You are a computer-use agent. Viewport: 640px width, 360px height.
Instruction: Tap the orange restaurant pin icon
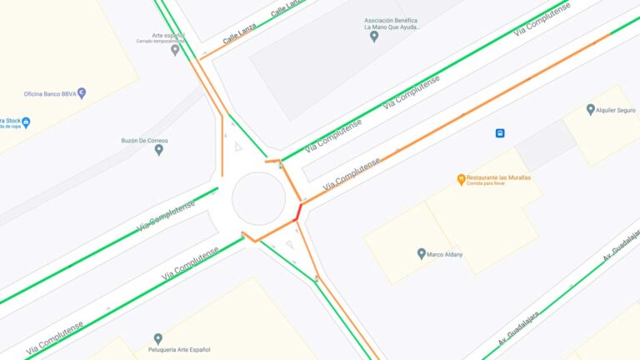[x=461, y=179]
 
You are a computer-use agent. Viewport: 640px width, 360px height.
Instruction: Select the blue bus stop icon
[x=500, y=132]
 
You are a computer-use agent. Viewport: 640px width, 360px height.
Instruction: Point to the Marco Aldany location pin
[x=421, y=253]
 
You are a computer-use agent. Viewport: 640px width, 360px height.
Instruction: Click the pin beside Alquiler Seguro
[x=591, y=109]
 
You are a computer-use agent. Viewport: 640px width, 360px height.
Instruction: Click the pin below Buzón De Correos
[x=158, y=150]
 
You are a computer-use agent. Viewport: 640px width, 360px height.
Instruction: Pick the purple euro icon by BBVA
[x=82, y=93]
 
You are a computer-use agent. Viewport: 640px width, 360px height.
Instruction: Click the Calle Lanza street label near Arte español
[x=240, y=34]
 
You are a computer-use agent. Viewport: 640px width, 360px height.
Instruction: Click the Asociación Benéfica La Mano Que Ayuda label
[x=392, y=23]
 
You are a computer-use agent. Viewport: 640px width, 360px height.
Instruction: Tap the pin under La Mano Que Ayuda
[x=374, y=37]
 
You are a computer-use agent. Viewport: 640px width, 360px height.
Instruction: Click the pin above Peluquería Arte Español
[x=157, y=338]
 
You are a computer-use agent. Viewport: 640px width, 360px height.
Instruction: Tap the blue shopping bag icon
[x=27, y=122]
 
